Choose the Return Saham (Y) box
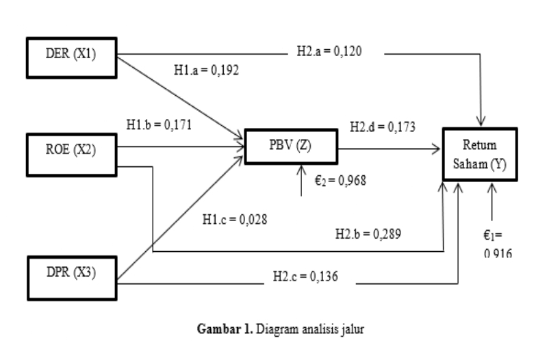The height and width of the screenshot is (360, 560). [x=478, y=155]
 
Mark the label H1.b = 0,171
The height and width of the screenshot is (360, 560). [x=159, y=125]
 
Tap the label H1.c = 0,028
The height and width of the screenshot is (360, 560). [x=235, y=220]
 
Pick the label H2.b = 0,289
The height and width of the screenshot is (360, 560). [x=366, y=233]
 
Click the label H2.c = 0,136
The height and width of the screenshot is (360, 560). [x=304, y=277]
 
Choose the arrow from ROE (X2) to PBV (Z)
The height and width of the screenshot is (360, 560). [x=181, y=146]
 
